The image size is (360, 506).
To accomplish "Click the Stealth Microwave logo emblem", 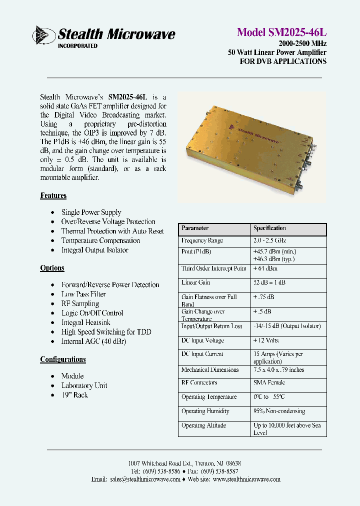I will [44, 35].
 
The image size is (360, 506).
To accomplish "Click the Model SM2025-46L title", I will [281, 32].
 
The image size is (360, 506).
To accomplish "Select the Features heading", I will [53, 195].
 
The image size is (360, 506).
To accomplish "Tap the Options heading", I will [52, 268].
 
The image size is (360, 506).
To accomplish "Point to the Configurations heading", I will [63, 359].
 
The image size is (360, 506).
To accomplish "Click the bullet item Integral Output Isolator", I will [94, 250].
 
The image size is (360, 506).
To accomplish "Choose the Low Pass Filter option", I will [83, 294].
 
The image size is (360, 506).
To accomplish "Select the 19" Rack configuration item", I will [74, 395].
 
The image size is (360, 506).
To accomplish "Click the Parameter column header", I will [195, 228].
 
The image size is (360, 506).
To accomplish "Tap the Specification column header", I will [269, 228].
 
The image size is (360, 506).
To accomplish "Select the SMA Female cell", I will [269, 382].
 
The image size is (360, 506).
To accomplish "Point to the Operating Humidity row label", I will [205, 411].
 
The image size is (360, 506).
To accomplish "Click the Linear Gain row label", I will [196, 283].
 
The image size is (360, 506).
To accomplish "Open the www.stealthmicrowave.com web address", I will [246, 479].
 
